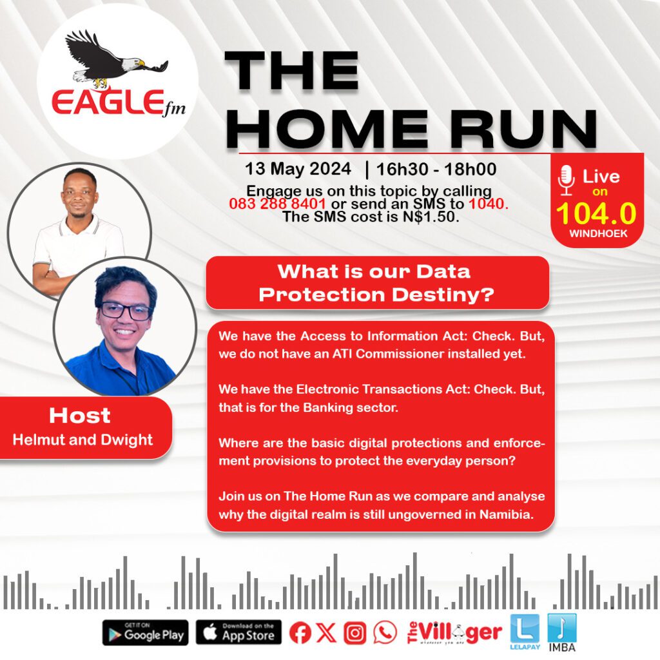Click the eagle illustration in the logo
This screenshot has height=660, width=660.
pos(113,58)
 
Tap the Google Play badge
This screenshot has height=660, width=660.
pos(145,632)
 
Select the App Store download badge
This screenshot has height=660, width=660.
pos(238,632)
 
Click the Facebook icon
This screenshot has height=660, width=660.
pos(300,632)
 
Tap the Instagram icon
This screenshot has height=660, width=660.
pos(355,633)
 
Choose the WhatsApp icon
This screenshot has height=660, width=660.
pos(384,632)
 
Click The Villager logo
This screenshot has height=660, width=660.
pos(454,633)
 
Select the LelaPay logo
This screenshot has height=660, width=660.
pos(525,632)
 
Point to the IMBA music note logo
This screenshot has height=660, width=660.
pos(562,632)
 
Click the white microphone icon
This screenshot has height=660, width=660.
pos(566,180)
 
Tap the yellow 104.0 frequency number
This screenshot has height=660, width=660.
pos(596,213)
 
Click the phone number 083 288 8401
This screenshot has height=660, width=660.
pos(277,204)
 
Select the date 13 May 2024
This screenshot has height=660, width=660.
pos(298,169)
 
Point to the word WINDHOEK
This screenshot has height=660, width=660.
pos(598,233)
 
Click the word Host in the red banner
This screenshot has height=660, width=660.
pos(79,416)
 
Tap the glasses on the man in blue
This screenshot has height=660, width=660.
pos(125,311)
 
